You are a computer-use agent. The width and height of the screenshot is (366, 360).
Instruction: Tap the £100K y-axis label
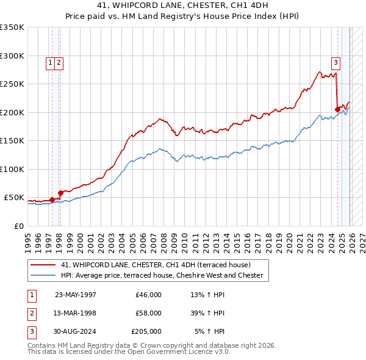click(x=12, y=169)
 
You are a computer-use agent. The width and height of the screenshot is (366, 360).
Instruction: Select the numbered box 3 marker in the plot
click(x=335, y=62)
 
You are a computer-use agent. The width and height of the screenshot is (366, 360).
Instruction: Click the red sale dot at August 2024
click(x=337, y=109)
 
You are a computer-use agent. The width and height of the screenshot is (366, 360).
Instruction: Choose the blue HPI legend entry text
click(x=162, y=275)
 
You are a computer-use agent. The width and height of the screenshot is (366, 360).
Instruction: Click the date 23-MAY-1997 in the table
click(x=76, y=295)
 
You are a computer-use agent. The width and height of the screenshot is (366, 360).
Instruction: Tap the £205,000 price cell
click(x=146, y=331)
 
